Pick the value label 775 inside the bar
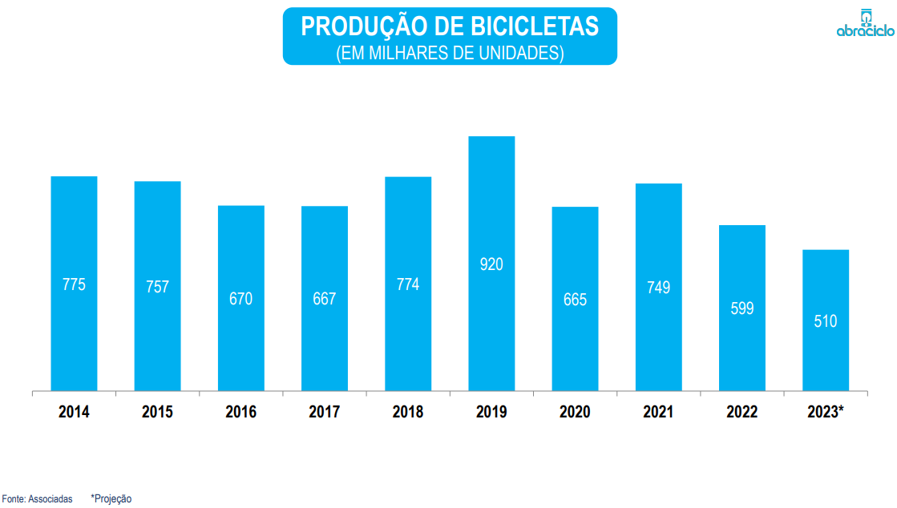(74, 284)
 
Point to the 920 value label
(491, 264)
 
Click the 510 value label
(826, 321)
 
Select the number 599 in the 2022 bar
(742, 308)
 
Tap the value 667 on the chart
(325, 299)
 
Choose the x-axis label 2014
(74, 413)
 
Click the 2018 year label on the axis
(408, 413)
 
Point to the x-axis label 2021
(659, 413)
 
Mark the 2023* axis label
(826, 413)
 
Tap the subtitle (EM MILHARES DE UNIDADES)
(450, 53)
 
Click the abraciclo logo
(864, 23)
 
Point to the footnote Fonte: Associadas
(37, 499)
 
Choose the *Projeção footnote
(111, 499)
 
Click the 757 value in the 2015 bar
(157, 286)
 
